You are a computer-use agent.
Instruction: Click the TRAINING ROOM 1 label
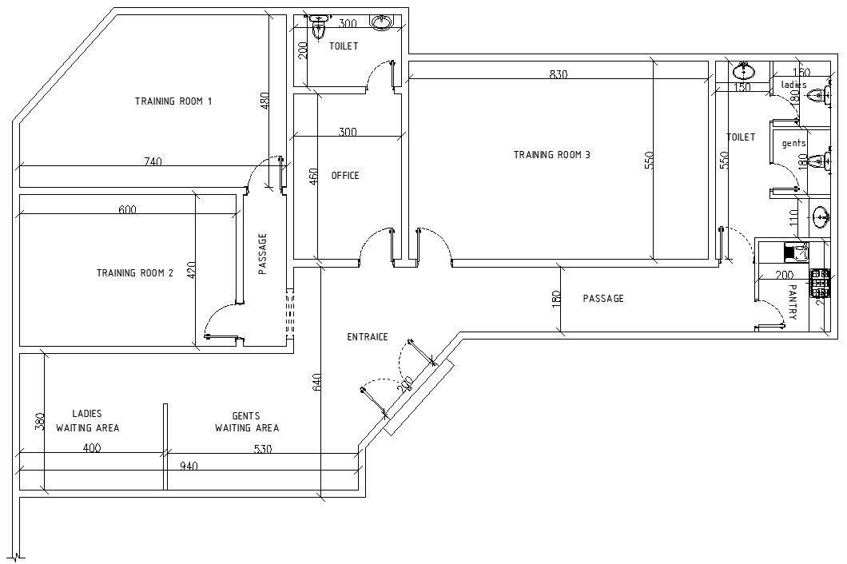click(173, 101)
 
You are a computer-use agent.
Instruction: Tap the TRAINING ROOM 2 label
click(135, 273)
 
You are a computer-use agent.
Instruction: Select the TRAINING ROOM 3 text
click(551, 155)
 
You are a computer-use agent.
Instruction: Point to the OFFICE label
click(345, 176)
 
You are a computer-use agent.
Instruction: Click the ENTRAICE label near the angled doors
click(367, 337)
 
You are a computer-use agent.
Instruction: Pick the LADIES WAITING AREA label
click(87, 421)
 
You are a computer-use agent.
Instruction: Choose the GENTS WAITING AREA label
click(246, 422)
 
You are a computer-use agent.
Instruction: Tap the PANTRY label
click(793, 302)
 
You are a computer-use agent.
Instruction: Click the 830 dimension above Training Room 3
click(558, 74)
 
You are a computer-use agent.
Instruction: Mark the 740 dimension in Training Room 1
click(153, 161)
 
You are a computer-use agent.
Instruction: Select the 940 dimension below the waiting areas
click(189, 466)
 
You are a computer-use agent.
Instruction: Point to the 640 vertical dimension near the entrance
click(316, 383)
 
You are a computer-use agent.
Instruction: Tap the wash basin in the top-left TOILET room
click(382, 22)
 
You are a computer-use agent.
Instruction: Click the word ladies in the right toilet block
click(793, 85)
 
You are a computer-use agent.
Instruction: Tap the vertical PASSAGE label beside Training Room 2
click(262, 254)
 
